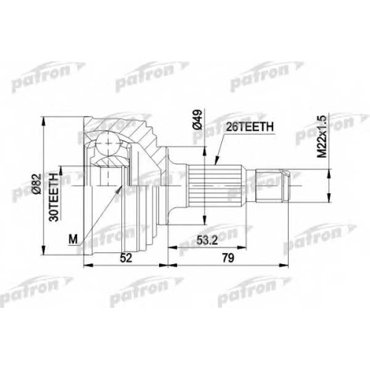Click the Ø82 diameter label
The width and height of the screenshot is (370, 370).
pyautogui.click(x=36, y=184)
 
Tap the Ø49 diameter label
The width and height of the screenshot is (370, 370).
pyautogui.click(x=198, y=120)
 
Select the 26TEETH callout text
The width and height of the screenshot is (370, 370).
pyautogui.click(x=249, y=127)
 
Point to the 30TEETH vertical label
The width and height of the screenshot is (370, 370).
pyautogui.click(x=53, y=197)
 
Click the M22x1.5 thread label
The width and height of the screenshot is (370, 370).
pyautogui.click(x=322, y=136)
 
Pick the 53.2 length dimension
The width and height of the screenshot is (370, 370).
pyautogui.click(x=207, y=240)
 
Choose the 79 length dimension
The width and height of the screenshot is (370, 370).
pyautogui.click(x=228, y=258)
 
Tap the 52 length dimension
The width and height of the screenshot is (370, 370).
pyautogui.click(x=126, y=258)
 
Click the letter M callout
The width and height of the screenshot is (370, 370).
pyautogui.click(x=73, y=239)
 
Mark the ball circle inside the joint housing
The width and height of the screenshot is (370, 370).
pyautogui.click(x=107, y=144)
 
